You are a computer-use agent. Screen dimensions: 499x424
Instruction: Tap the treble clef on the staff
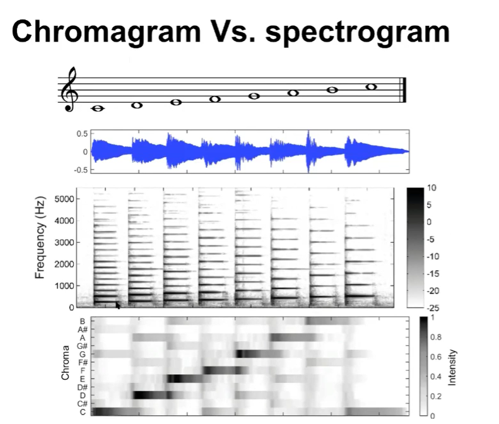(69, 90)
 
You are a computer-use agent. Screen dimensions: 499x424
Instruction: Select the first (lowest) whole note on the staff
(98, 109)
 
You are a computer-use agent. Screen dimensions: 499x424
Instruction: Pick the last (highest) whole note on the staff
(372, 86)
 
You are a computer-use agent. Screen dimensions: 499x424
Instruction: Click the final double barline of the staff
(404, 90)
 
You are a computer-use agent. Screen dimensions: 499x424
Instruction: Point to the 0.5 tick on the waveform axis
(82, 134)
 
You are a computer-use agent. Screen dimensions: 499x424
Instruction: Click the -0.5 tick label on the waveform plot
(81, 170)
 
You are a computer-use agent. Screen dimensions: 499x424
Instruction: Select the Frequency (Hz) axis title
(40, 237)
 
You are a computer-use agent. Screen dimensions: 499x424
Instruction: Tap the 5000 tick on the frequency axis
(64, 199)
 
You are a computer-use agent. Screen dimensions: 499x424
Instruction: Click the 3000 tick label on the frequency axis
(64, 242)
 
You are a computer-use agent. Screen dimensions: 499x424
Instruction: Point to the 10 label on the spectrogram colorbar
(431, 188)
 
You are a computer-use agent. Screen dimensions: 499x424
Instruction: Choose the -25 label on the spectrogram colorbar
(433, 308)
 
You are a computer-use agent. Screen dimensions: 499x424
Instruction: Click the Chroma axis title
(65, 363)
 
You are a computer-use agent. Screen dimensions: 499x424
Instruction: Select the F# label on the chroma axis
(83, 362)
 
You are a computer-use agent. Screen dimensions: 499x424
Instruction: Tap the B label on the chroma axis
(83, 321)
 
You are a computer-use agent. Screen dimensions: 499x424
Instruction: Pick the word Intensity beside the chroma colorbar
(452, 367)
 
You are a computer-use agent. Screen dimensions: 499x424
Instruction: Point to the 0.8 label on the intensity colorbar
(436, 337)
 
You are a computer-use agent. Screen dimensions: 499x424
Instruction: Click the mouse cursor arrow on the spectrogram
(118, 305)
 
